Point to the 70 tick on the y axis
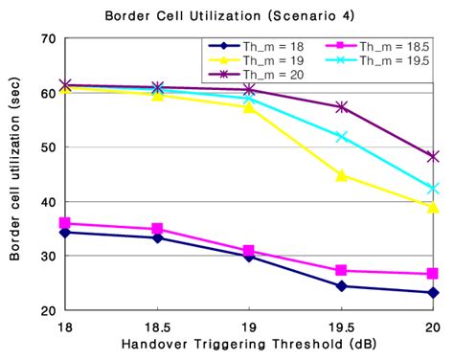point(42,39)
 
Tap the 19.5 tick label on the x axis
point(341,326)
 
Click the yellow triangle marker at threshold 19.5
point(341,175)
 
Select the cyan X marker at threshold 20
point(433,189)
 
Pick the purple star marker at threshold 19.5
point(341,106)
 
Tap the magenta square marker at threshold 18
point(65,224)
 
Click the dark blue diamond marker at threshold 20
point(433,293)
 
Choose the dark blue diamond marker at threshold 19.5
point(341,286)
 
